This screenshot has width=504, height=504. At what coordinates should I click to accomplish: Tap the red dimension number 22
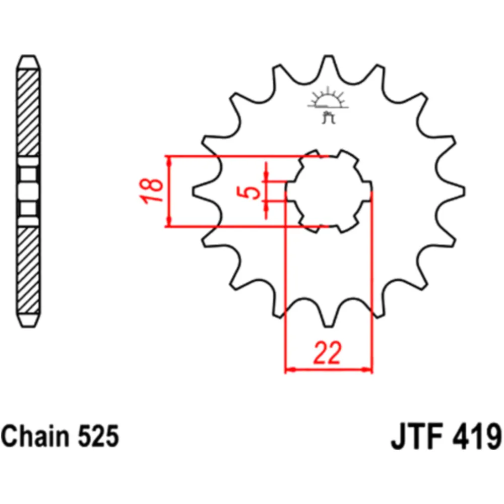coord(328,353)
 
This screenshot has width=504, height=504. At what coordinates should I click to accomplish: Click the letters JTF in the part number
coord(417,436)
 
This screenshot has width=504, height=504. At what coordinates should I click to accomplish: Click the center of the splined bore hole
coord(329,192)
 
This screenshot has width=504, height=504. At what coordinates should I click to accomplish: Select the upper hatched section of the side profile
coord(28,113)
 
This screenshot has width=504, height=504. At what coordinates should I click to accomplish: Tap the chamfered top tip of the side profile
coord(28,61)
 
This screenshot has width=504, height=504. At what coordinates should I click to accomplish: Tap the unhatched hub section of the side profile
coord(28,192)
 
